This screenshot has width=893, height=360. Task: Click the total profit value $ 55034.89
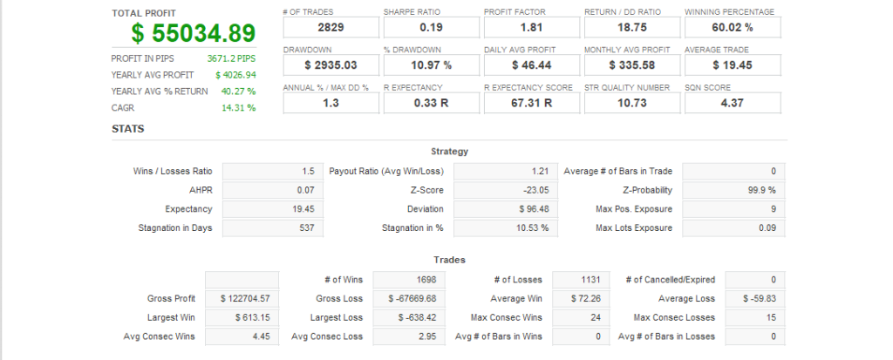point(194,33)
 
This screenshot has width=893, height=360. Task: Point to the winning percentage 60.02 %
point(733,28)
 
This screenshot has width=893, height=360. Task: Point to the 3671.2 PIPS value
point(231,58)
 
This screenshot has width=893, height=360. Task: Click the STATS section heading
point(128,129)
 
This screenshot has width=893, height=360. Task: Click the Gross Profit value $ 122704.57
point(243,299)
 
